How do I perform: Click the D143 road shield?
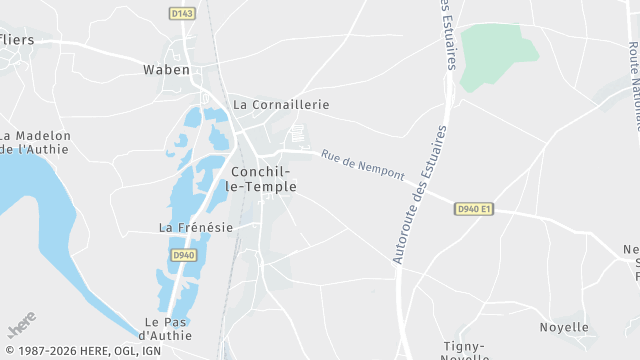tap(181, 13)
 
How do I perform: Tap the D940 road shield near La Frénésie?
tap(182, 255)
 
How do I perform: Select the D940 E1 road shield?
tap(474, 209)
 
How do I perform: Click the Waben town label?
tap(167, 70)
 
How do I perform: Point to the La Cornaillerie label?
tap(281, 104)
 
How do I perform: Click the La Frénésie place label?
tap(196, 227)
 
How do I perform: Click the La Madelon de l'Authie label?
tap(36, 142)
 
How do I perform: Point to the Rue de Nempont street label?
tap(363, 165)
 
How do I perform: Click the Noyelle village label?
tap(564, 327)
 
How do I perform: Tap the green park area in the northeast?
tap(497, 47)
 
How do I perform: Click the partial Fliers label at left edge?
tap(16, 41)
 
